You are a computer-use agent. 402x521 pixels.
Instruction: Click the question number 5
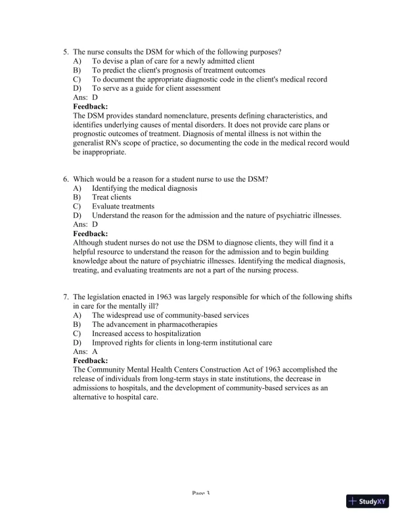(66, 51)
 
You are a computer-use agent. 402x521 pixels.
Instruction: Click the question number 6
(66, 180)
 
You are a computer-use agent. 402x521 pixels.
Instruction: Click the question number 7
(66, 297)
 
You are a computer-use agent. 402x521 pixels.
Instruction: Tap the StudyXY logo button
(368, 501)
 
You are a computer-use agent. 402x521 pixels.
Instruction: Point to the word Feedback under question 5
(91, 107)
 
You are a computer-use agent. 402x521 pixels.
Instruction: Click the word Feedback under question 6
(91, 234)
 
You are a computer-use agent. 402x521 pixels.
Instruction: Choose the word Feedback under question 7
(91, 360)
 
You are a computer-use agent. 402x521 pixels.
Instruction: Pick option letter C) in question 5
(77, 80)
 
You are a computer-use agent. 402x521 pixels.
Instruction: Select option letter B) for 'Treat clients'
(77, 197)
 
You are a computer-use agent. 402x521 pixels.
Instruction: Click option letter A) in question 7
(77, 316)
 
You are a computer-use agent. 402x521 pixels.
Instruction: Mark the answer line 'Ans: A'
(85, 352)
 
